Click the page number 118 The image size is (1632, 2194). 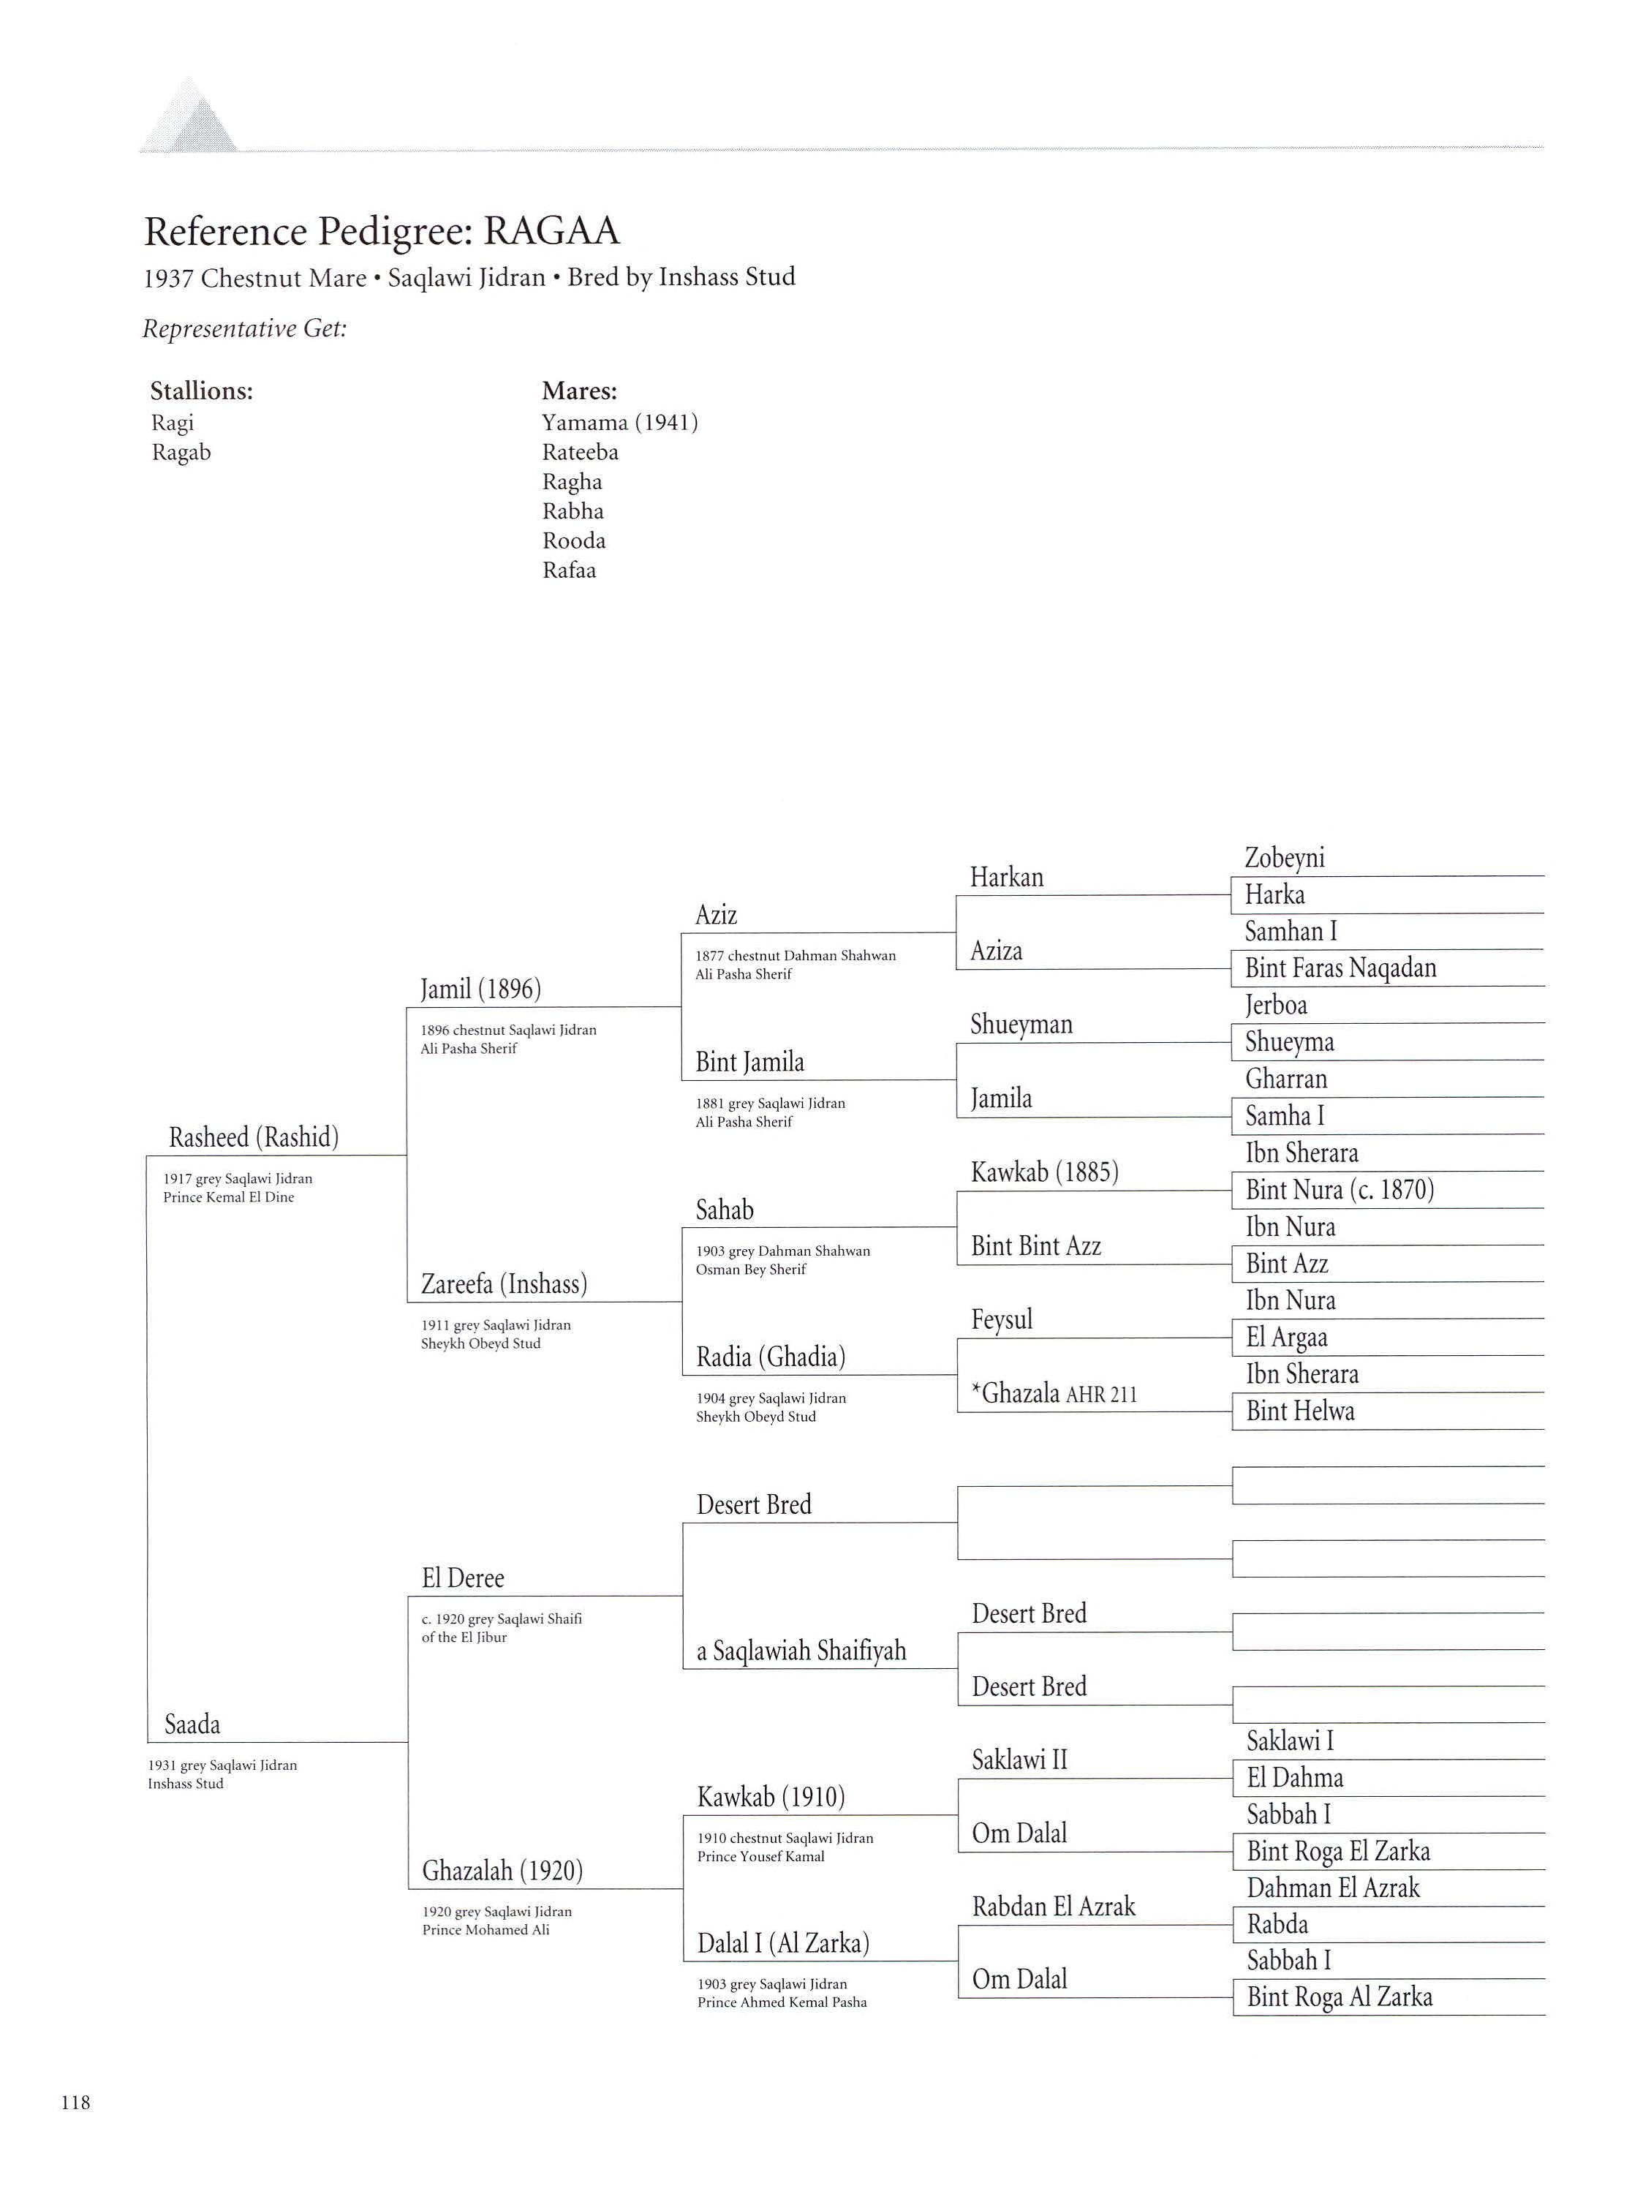click(75, 2102)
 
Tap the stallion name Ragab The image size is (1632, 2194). click(181, 453)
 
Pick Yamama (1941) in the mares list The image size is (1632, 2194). click(619, 423)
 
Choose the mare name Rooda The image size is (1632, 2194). click(573, 541)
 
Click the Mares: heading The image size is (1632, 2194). click(579, 391)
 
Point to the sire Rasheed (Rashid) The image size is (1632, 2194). click(253, 1137)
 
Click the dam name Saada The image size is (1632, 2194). click(192, 1724)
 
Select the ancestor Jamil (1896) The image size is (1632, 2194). click(480, 989)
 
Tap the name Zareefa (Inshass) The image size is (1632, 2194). click(504, 1284)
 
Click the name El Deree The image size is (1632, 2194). click(462, 1578)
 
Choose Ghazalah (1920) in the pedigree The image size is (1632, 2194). click(502, 1871)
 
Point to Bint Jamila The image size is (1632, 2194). click(749, 1062)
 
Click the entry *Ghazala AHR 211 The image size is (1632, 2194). click(1053, 1394)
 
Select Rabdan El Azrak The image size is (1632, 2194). click(1053, 1907)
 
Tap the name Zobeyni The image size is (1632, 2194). click(1284, 857)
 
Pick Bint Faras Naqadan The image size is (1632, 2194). click(1340, 968)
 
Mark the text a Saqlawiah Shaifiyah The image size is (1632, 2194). click(801, 1651)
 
